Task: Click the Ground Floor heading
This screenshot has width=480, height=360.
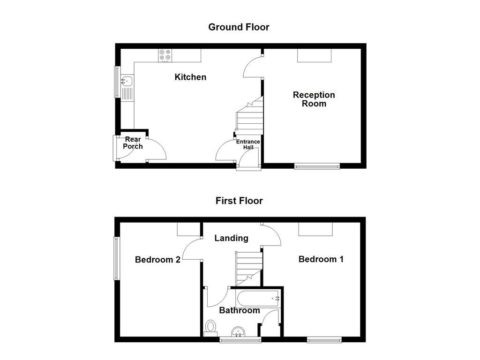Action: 239,27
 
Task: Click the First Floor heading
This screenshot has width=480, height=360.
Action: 239,201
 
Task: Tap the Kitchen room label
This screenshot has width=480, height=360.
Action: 190,77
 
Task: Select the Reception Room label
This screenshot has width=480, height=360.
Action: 314,99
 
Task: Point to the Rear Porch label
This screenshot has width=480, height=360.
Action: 133,143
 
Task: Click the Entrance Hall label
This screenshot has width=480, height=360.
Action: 248,144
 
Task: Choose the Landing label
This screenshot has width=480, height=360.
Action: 231,238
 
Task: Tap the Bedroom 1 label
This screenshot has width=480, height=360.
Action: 321,259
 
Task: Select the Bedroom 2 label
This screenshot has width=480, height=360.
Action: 157,260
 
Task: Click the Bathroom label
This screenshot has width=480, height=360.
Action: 239,310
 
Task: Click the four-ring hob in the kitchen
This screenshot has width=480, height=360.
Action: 165,55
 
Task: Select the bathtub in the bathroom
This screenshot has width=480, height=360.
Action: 258,298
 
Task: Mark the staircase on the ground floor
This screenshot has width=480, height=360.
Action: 249,117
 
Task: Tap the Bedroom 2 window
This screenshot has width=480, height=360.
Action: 116,258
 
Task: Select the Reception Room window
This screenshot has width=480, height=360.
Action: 317,165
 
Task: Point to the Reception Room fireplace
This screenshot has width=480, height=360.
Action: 314,55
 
